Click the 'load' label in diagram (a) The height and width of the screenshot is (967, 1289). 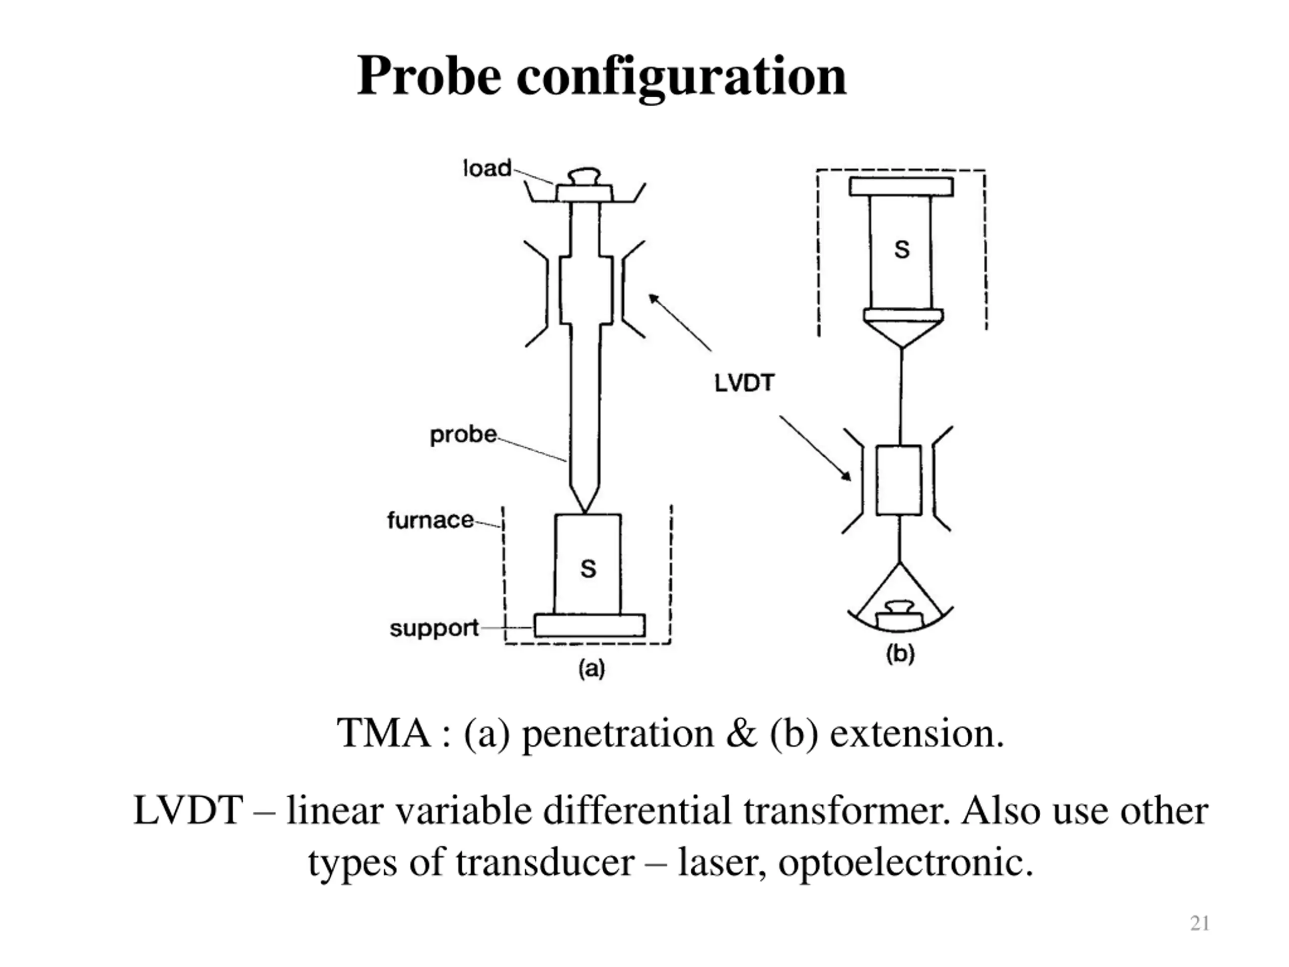click(x=487, y=168)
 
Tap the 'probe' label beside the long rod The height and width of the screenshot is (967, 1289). click(x=463, y=435)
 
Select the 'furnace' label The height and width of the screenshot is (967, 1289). click(x=430, y=520)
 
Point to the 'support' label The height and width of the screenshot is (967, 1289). click(x=434, y=629)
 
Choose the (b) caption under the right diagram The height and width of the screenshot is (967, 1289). click(x=900, y=654)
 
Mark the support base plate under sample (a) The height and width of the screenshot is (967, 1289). click(x=590, y=626)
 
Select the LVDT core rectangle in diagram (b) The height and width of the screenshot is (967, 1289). click(x=899, y=480)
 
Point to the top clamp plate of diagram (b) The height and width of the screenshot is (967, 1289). click(x=901, y=186)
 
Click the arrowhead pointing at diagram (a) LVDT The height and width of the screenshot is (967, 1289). click(x=654, y=299)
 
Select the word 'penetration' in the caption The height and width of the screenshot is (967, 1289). click(x=618, y=733)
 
